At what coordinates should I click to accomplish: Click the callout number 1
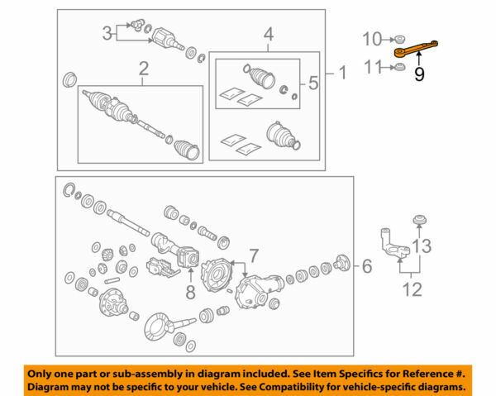coord(341,74)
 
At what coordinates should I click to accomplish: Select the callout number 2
coord(141,68)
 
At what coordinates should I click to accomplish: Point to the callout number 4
coord(267,35)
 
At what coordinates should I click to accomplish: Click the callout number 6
coord(366,265)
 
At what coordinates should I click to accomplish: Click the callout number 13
coord(422,246)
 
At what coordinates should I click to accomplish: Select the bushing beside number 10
coord(398,38)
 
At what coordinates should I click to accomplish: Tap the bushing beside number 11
coord(398,68)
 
